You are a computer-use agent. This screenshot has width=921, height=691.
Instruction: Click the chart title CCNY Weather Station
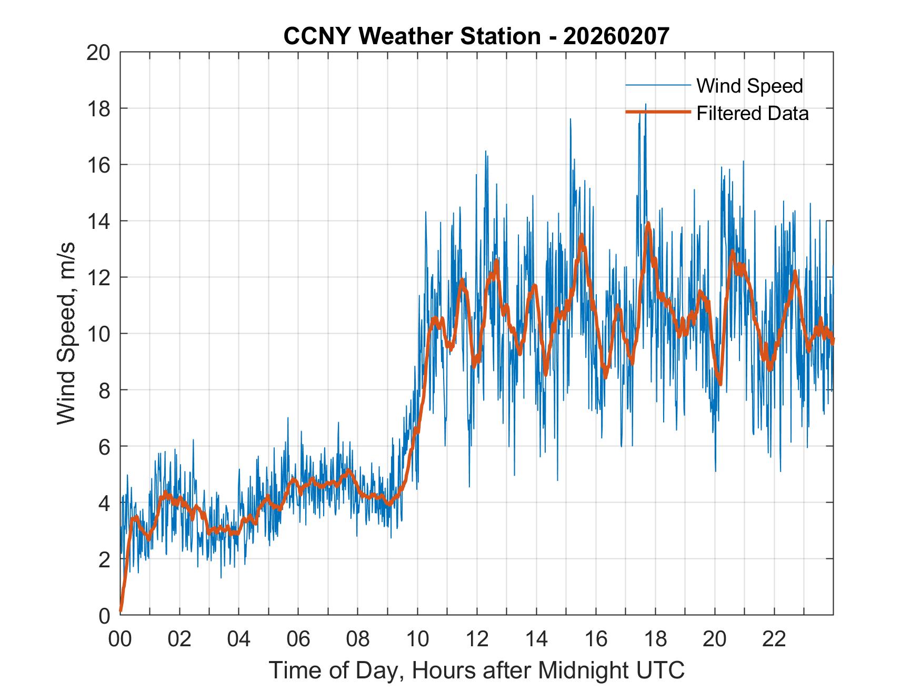click(412, 36)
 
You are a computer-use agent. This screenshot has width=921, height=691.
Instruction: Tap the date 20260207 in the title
click(616, 36)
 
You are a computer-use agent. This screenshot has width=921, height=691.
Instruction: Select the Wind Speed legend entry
click(749, 86)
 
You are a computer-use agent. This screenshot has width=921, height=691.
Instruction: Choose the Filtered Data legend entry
click(752, 113)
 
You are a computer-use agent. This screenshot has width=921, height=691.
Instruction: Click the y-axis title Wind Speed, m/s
click(67, 333)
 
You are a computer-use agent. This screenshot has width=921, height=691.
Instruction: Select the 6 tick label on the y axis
click(104, 447)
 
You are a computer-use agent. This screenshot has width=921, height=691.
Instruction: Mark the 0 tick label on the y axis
click(104, 615)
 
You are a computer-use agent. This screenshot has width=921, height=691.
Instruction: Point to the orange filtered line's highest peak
click(648, 223)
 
